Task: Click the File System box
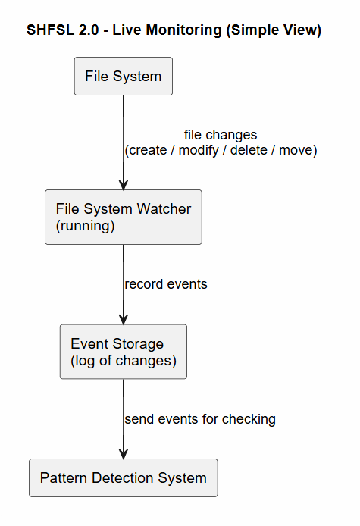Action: pos(123,76)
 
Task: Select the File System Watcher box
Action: pos(123,217)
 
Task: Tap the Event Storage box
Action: pos(123,352)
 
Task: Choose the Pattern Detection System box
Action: pos(123,478)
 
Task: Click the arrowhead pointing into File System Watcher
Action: pos(124,183)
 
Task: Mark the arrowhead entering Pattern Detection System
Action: pos(124,452)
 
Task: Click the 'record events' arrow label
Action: pos(166,285)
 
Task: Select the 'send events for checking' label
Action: pos(200,418)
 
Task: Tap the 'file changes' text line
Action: pos(220,135)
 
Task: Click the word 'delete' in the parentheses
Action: pos(249,150)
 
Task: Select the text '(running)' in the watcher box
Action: pos(85,225)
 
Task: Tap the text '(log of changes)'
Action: pos(123,360)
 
